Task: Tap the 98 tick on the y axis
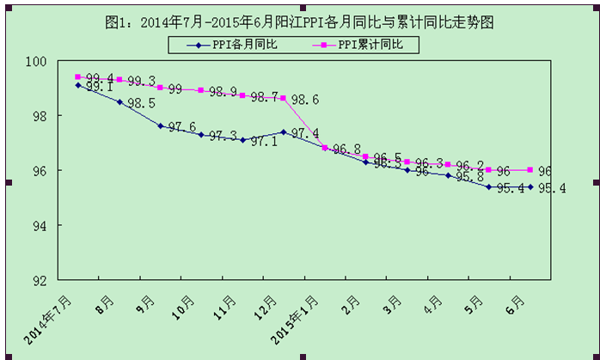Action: point(40,116)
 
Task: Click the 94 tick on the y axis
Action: point(40,225)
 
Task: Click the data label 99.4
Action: point(97,78)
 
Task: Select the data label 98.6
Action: point(305,100)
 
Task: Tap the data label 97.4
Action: point(305,133)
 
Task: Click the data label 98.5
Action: point(140,104)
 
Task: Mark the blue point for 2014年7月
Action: point(78,85)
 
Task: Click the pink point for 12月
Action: point(284,98)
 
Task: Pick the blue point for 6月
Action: point(530,186)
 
